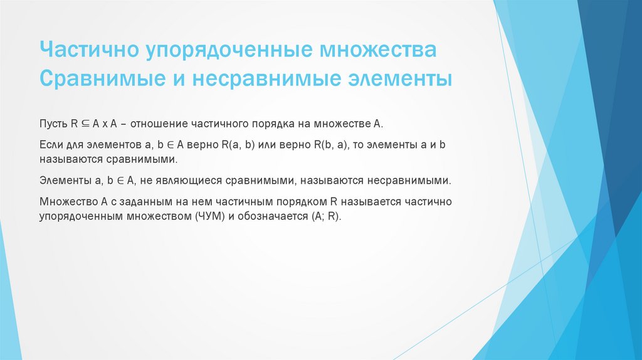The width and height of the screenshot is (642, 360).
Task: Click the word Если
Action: click(50, 144)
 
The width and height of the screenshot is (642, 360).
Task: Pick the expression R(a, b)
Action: click(239, 144)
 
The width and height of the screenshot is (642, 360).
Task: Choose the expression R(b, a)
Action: click(324, 144)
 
